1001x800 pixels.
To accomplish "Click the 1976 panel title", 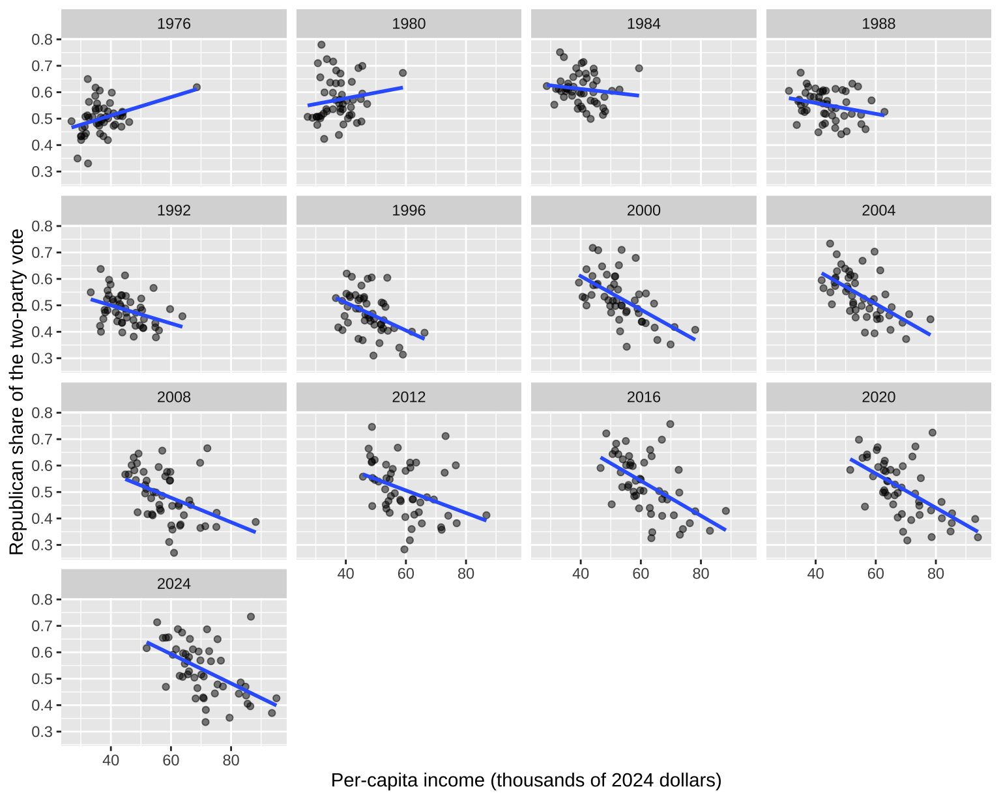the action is (173, 23).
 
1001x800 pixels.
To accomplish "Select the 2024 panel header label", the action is (173, 584).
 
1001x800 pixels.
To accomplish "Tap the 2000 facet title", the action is (643, 210).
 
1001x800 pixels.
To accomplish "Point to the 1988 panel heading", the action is (878, 23).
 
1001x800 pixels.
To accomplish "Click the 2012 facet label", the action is (409, 397).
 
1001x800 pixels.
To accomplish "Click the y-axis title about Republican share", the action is (16, 392).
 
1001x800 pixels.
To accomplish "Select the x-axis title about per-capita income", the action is (526, 780).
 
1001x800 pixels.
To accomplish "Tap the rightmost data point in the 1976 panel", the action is (197, 87).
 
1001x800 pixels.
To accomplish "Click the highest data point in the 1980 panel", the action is (321, 45).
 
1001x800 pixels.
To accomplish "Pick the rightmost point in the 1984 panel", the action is (639, 68).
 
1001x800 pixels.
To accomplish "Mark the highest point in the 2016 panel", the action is (671, 424).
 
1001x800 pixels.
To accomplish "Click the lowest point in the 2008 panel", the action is (174, 552).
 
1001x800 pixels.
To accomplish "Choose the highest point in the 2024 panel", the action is (251, 617).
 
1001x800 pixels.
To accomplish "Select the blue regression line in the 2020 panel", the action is (914, 495).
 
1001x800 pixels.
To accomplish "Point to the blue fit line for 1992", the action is (136, 313).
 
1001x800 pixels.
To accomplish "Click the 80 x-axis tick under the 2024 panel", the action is (231, 760).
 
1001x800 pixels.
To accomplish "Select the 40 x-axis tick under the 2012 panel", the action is (345, 573).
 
